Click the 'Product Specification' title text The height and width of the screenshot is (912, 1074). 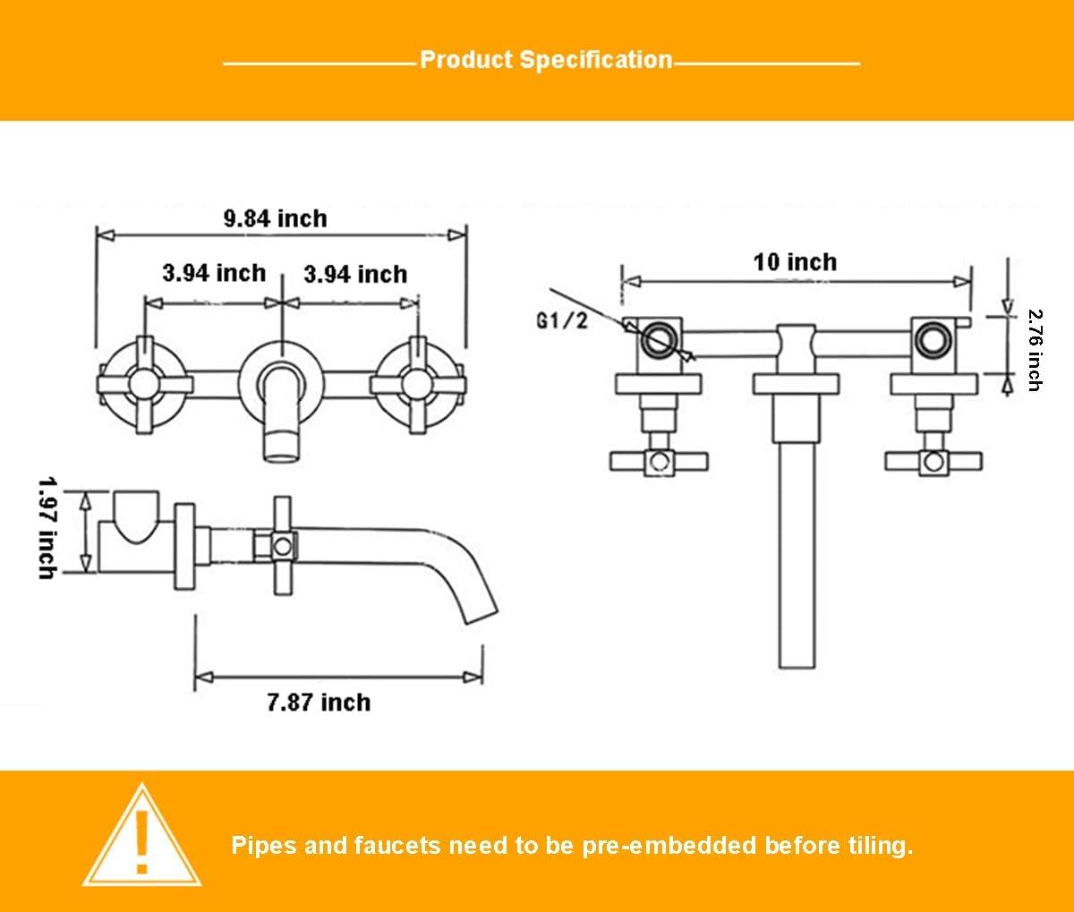[x=545, y=60]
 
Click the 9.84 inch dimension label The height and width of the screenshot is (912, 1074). [x=275, y=217]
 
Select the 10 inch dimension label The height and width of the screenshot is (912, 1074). [x=795, y=262]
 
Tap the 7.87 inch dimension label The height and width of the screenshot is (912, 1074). [x=319, y=702]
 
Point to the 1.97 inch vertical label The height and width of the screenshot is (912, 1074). [x=47, y=527]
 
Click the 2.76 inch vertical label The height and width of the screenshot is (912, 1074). [x=1035, y=350]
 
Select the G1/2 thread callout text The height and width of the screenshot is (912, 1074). [x=561, y=320]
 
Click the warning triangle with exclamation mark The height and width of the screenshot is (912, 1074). [x=141, y=837]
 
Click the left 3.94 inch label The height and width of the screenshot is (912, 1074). [x=213, y=273]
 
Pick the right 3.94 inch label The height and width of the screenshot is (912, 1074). [x=354, y=274]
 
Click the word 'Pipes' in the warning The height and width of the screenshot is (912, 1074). [x=264, y=845]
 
